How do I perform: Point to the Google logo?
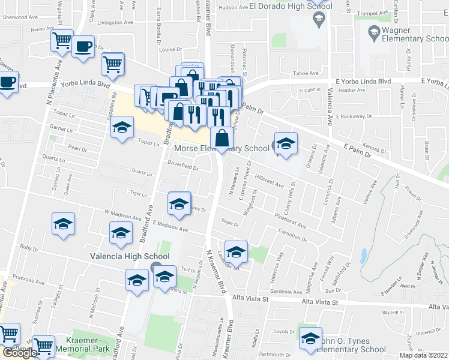(19, 353)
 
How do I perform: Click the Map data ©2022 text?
(424, 355)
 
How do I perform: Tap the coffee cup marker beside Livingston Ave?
(83, 47)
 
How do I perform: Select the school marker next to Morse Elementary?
(286, 143)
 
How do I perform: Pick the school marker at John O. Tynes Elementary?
(310, 339)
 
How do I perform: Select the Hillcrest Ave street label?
(269, 182)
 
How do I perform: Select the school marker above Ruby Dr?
(63, 224)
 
